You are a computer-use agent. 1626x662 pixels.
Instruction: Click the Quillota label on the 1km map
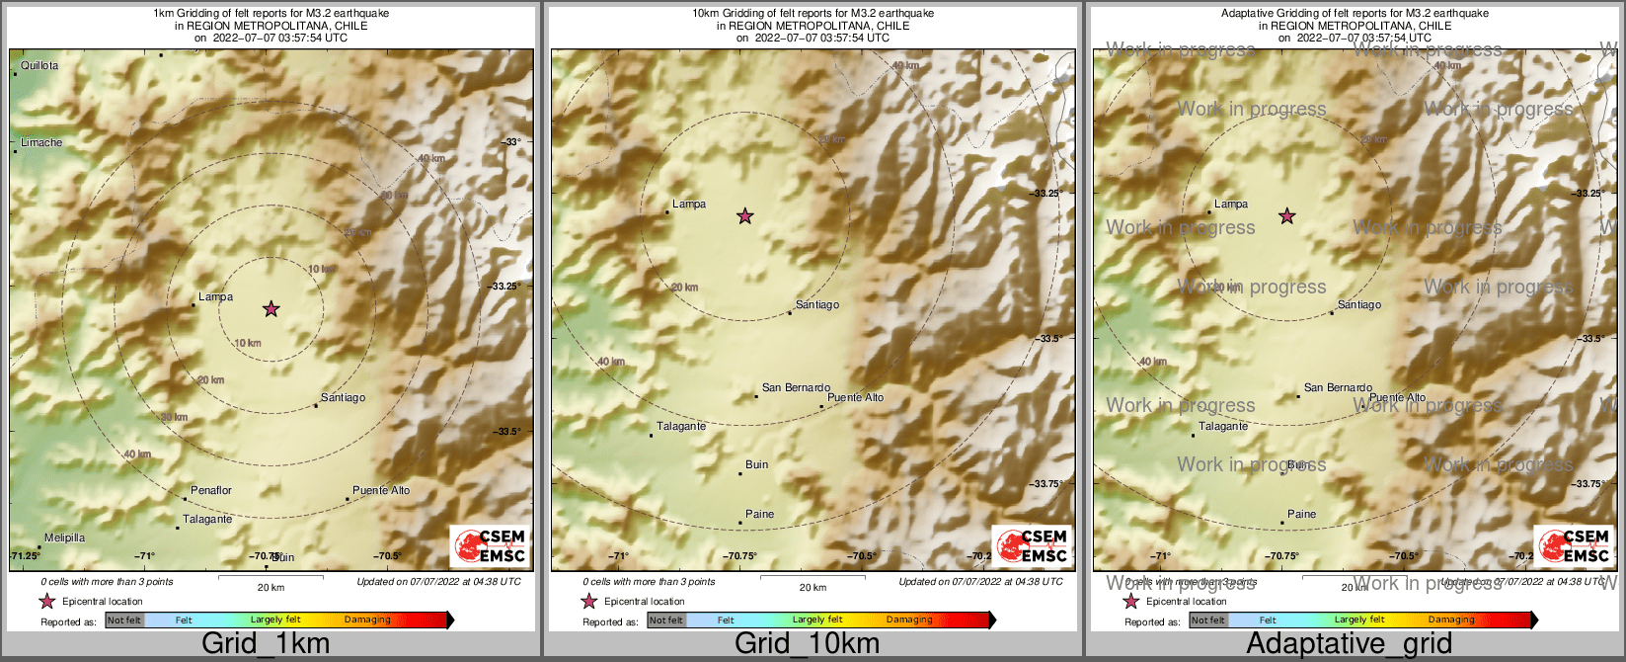[x=39, y=66]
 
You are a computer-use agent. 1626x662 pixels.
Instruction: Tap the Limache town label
[x=41, y=143]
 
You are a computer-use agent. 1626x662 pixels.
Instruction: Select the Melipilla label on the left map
[x=64, y=538]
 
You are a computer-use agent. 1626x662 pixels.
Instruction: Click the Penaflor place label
[x=211, y=491]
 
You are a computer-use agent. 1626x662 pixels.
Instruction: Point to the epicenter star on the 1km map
[x=271, y=309]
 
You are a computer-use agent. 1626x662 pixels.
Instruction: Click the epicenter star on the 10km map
[x=745, y=216]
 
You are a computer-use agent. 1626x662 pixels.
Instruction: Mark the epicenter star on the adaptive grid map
[x=1287, y=216]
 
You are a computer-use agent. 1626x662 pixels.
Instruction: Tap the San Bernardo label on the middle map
[x=796, y=388]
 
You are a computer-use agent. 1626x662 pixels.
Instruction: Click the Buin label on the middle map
[x=757, y=465]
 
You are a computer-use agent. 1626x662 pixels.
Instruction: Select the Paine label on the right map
[x=1302, y=515]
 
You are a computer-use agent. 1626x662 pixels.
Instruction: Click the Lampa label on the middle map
[x=689, y=205]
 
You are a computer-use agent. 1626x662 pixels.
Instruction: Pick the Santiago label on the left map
[x=344, y=398]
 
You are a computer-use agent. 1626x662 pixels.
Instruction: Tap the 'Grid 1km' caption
[x=266, y=644]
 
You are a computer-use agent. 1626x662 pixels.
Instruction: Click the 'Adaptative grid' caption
[x=1349, y=644]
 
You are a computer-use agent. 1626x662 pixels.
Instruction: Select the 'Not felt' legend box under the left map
[x=124, y=621]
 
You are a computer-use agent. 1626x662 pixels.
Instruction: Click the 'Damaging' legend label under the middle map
[x=909, y=621]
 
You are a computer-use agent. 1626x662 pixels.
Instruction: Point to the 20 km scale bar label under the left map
[x=271, y=588]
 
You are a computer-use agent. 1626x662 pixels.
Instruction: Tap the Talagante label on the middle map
[x=681, y=427]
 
